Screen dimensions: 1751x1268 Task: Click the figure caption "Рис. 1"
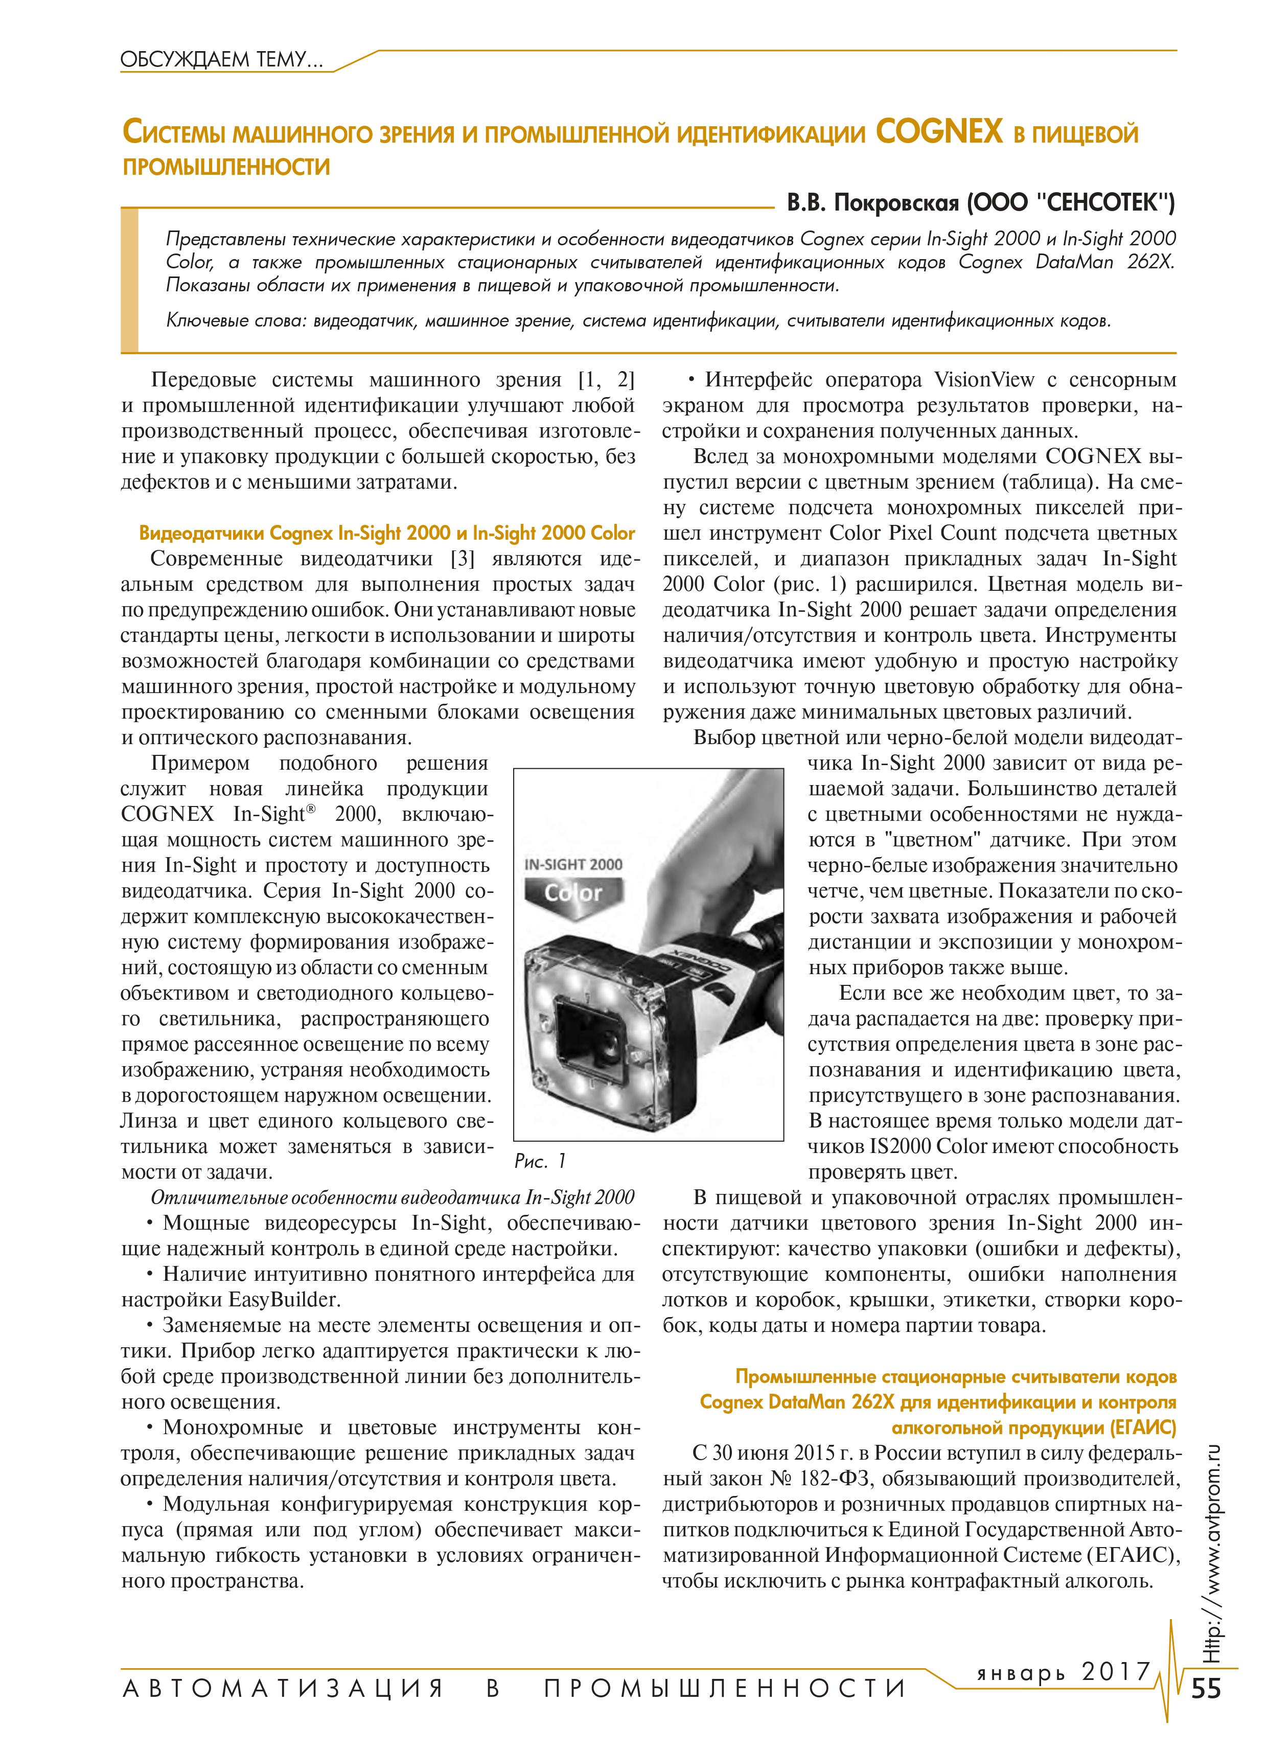pos(541,1160)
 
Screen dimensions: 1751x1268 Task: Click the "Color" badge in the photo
pos(572,893)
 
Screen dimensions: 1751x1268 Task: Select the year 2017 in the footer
pos(1114,1671)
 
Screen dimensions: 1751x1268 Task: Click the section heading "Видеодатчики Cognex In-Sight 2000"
pos(293,534)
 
